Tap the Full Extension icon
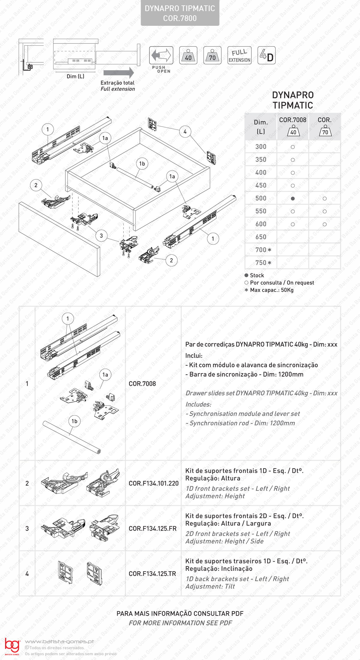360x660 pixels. [x=239, y=55]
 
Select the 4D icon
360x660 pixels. [x=266, y=55]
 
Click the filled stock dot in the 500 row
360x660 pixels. [x=293, y=199]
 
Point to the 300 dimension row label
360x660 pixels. [x=261, y=147]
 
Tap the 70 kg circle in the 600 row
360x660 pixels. [x=325, y=224]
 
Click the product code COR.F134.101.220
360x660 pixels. [x=154, y=483]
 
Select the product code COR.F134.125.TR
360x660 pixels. [x=152, y=574]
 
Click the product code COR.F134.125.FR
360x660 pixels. [x=153, y=529]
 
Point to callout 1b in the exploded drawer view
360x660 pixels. [x=142, y=164]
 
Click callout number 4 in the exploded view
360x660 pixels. [x=185, y=132]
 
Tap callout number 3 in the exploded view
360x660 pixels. [x=101, y=236]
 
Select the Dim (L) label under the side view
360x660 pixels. [x=75, y=76]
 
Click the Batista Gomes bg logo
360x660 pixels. [x=12, y=646]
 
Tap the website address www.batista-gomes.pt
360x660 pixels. [x=59, y=642]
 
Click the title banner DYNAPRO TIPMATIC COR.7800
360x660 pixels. [x=180, y=13]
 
